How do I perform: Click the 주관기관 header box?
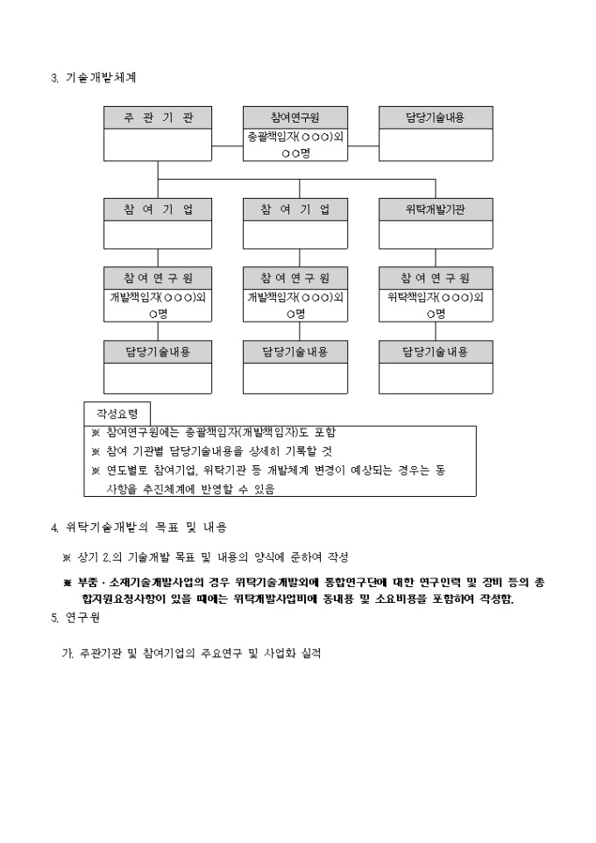tap(158, 118)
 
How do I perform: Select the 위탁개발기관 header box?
tap(435, 210)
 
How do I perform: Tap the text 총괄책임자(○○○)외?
tap(294, 137)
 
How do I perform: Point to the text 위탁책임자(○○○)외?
tap(435, 296)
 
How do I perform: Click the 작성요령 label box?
tap(117, 413)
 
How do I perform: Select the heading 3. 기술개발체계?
tap(94, 77)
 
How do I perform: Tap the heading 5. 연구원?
tap(76, 617)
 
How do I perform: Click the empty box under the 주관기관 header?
tap(158, 145)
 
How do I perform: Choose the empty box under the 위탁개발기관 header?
tap(435, 235)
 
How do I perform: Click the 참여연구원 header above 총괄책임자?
tap(294, 118)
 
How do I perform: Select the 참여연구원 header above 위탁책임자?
tap(435, 278)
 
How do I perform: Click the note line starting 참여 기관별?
tap(211, 451)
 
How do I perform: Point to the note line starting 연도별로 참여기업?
tap(267, 471)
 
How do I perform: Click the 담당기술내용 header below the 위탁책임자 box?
tap(435, 352)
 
